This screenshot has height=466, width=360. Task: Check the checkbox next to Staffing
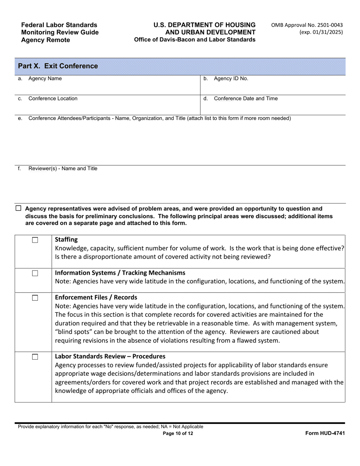point(35,240)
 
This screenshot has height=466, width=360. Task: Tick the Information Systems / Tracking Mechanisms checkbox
point(35,273)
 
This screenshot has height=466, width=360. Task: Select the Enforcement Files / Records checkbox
point(35,298)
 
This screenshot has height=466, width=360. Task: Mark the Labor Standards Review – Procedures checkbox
point(35,357)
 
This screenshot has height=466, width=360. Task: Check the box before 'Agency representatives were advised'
point(18,208)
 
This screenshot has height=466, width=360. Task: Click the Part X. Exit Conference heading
point(58,66)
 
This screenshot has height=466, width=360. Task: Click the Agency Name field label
point(45,79)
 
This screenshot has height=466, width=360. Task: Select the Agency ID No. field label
point(231,79)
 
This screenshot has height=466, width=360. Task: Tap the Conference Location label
point(53,99)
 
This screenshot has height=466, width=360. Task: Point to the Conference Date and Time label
point(246,99)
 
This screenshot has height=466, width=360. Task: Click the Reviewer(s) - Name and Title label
point(63,169)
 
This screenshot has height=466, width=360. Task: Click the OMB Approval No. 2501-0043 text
point(307,25)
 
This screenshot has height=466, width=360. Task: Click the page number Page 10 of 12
point(178,434)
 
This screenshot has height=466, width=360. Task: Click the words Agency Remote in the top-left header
point(45,40)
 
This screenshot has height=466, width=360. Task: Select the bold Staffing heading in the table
point(66,239)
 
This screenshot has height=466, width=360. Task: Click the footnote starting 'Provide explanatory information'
point(110,427)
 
